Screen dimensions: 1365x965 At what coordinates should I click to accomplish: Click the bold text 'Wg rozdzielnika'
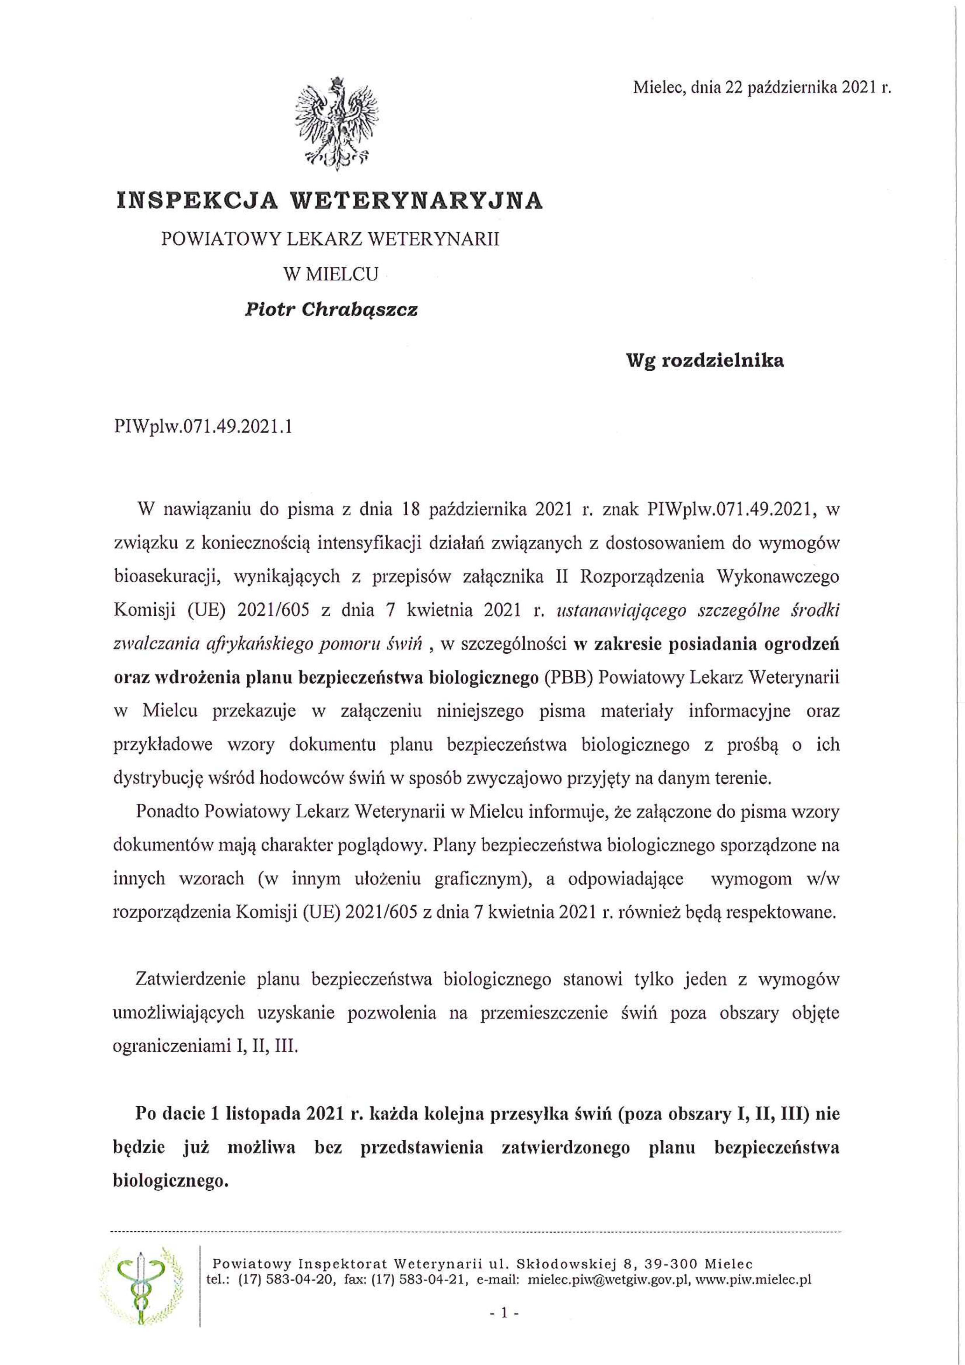coord(705,360)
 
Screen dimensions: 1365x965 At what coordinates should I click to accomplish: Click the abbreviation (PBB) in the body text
coord(569,679)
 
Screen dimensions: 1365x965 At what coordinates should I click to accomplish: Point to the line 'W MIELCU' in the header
coord(330,274)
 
